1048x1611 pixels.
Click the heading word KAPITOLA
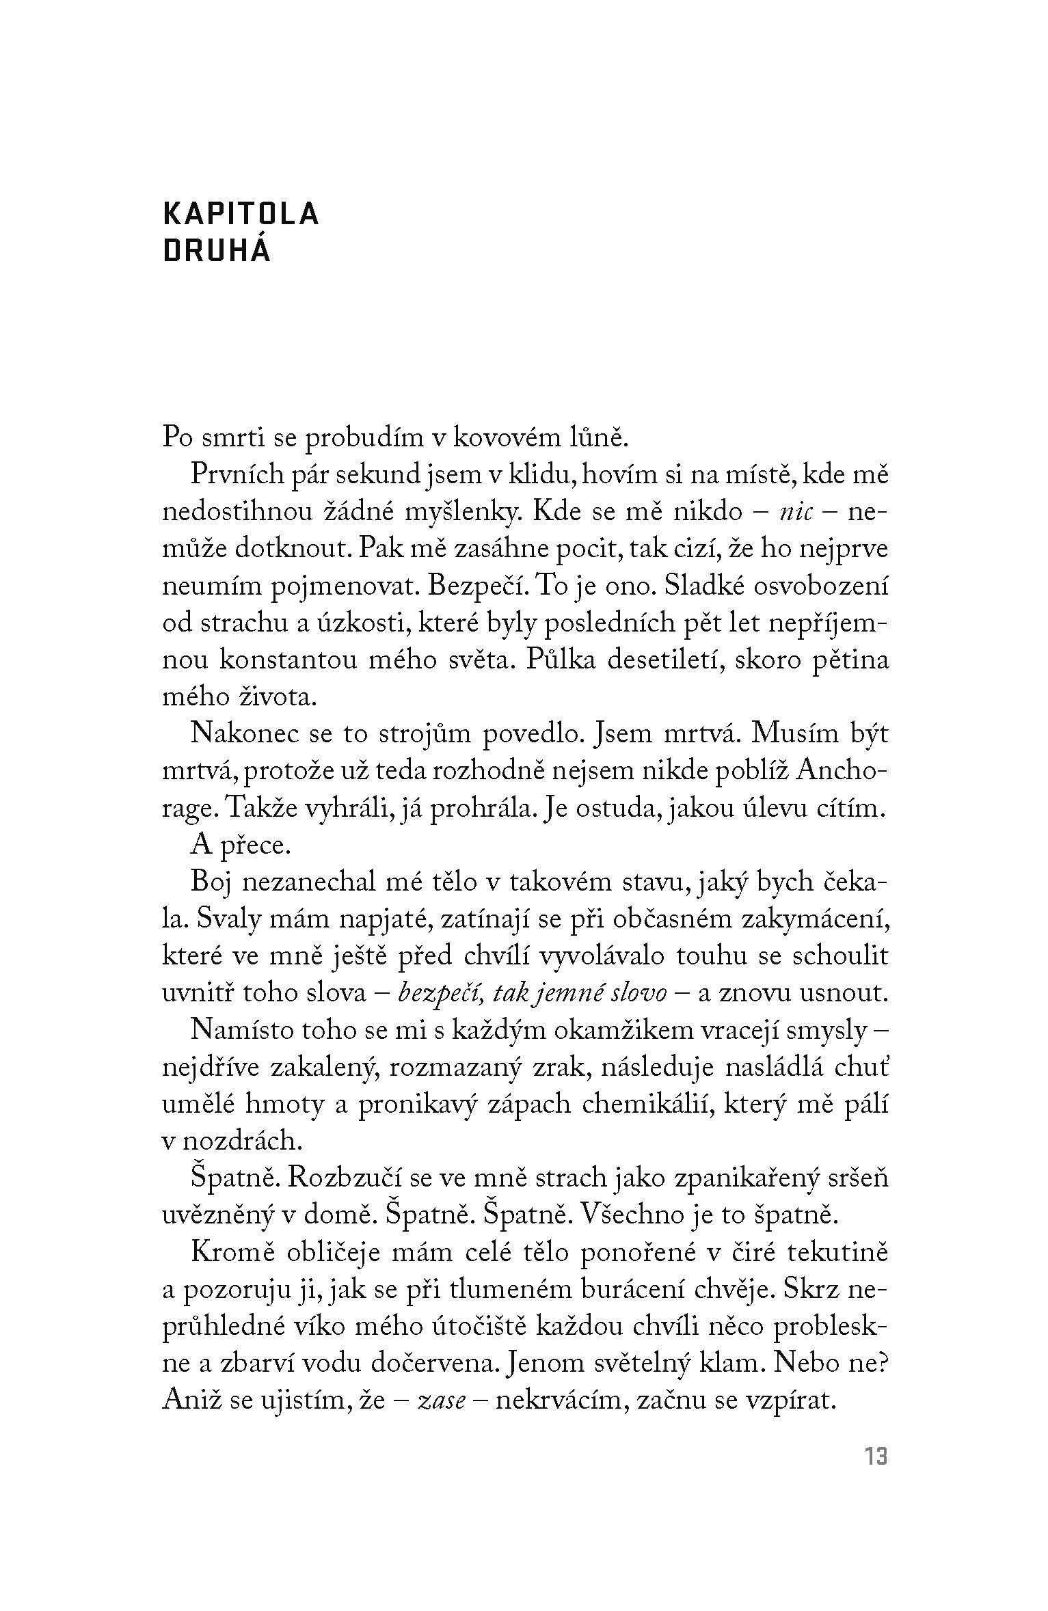(241, 215)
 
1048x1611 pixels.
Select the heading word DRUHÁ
(217, 252)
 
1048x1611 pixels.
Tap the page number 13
(876, 1457)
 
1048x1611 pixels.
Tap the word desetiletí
(673, 661)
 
